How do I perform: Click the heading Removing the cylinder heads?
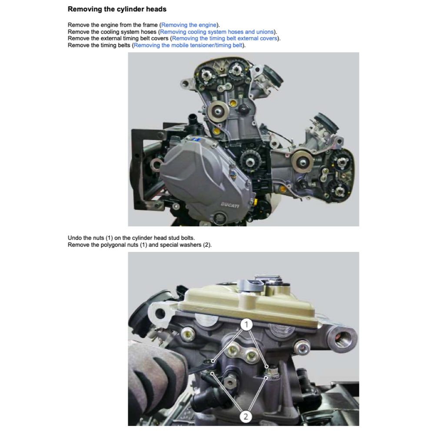coord(117,9)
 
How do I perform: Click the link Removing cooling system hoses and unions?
coord(217,32)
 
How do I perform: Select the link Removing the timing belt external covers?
coord(225,38)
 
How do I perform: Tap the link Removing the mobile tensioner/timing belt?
coord(188,45)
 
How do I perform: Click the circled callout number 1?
coord(247,324)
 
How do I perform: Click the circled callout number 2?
coord(246,417)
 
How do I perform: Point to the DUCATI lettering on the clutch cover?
coord(230,205)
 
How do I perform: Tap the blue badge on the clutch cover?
coord(196,139)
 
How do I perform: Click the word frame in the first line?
coord(150,25)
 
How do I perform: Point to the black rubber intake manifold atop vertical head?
coord(273,76)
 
